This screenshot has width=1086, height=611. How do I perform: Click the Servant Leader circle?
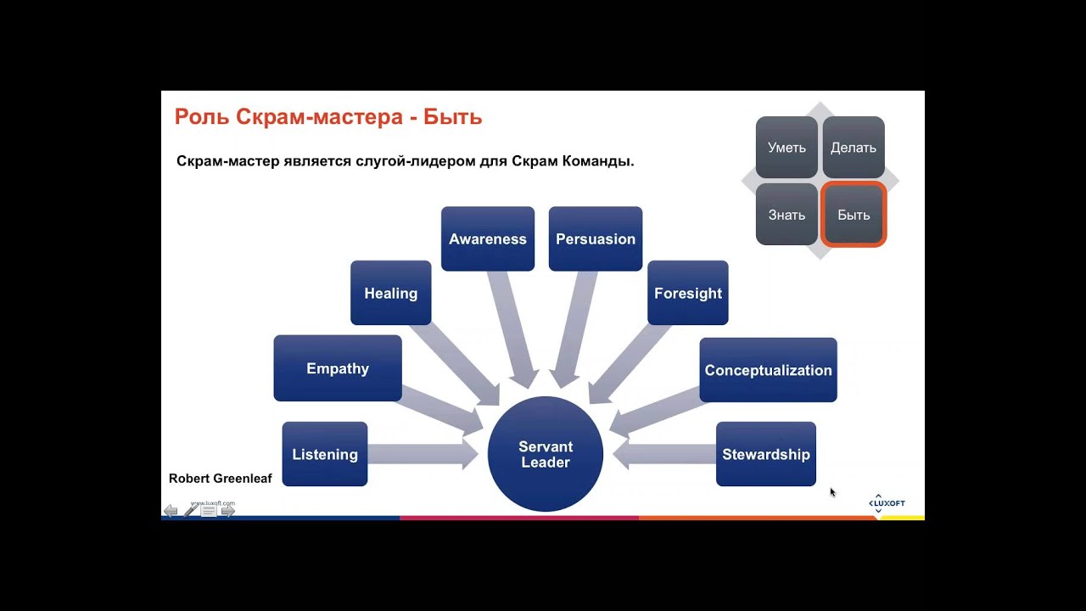click(x=545, y=455)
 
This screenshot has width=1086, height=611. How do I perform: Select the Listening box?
click(x=325, y=454)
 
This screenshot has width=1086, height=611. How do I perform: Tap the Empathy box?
click(x=338, y=368)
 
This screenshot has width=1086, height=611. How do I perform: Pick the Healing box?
click(x=390, y=293)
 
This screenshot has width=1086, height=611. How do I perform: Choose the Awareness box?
click(x=488, y=238)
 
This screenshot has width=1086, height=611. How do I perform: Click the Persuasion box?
click(x=596, y=238)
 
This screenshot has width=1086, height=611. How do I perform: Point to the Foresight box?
click(x=688, y=293)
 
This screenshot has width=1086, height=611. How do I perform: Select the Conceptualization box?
click(x=768, y=370)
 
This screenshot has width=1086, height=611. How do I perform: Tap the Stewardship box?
click(x=766, y=454)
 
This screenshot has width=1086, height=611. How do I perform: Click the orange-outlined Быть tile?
click(x=854, y=215)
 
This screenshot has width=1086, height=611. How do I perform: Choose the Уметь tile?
click(x=787, y=148)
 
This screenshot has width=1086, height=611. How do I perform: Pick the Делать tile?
click(x=854, y=148)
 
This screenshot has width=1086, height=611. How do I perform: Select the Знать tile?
click(x=787, y=215)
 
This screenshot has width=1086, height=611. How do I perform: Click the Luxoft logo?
click(x=887, y=503)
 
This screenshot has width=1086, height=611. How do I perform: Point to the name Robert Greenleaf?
click(x=221, y=479)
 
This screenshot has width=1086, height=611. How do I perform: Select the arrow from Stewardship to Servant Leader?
click(x=663, y=455)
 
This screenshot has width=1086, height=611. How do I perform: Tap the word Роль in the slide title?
click(x=200, y=117)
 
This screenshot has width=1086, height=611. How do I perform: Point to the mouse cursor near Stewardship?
click(x=832, y=491)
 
